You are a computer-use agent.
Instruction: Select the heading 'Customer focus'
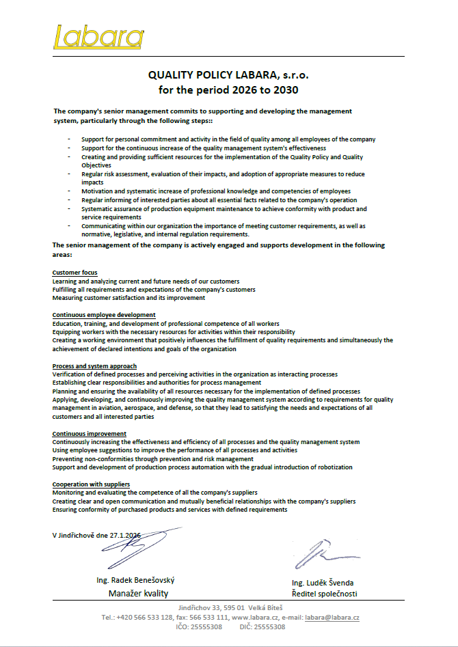click(x=75, y=273)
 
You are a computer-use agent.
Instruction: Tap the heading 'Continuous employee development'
click(x=104, y=315)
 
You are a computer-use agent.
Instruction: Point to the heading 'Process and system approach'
click(x=94, y=366)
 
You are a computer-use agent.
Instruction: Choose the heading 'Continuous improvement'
click(x=89, y=433)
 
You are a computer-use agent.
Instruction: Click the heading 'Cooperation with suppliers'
click(x=91, y=484)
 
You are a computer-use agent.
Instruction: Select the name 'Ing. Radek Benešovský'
click(x=140, y=581)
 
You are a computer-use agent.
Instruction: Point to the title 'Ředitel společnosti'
click(x=324, y=594)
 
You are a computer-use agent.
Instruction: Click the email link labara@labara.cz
click(x=332, y=617)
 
